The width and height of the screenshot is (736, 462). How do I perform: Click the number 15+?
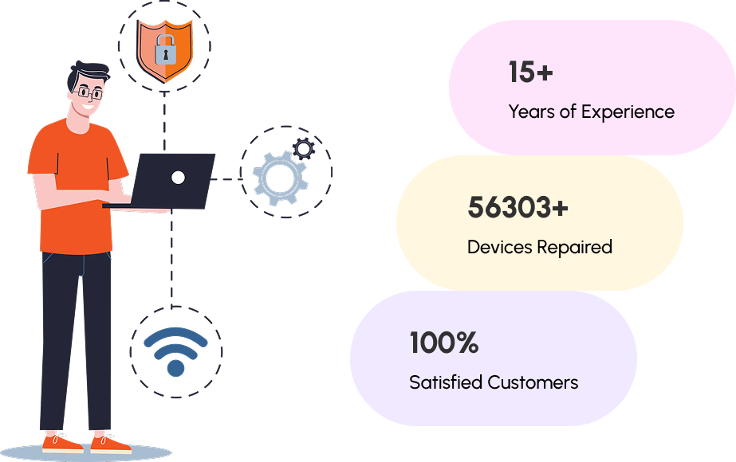point(530,72)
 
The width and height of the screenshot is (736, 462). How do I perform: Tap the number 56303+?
point(518,208)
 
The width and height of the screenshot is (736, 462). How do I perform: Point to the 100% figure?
point(443,343)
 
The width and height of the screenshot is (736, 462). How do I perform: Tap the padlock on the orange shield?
point(165,51)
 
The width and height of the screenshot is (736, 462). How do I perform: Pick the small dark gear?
point(303,149)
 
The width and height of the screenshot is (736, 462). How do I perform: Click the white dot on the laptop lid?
point(179,177)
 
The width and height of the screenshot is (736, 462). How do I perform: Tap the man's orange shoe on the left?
point(61,443)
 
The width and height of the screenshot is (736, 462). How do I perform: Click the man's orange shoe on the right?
point(110,443)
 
